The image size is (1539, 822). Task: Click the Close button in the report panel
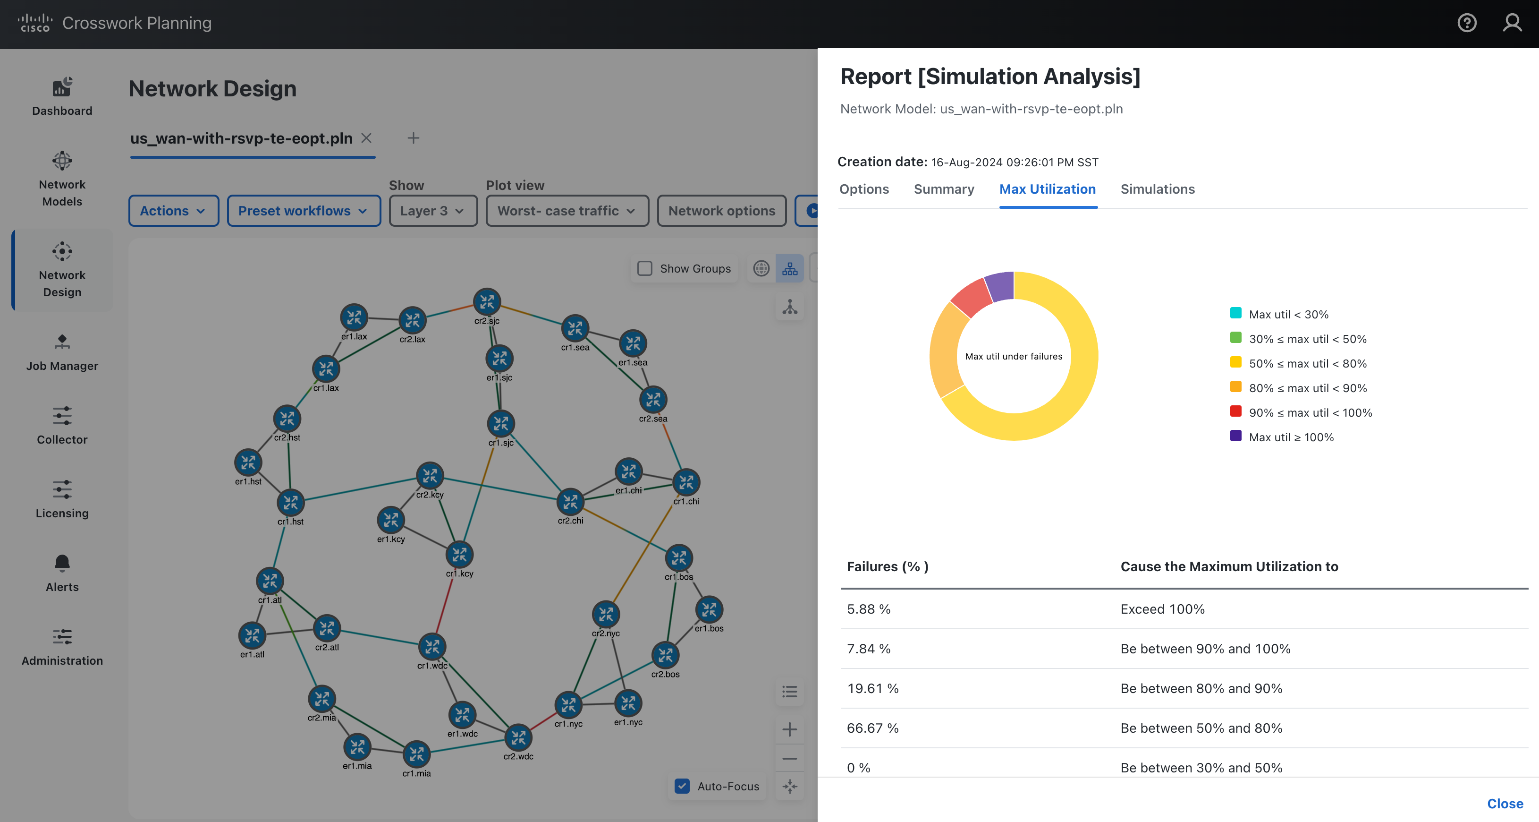[x=1505, y=804]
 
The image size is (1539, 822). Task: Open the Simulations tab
[x=1157, y=189]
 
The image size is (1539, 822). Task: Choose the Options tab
[x=864, y=189]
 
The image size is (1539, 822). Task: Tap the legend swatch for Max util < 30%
[x=1235, y=313]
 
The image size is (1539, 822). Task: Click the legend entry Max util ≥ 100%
[x=1291, y=437]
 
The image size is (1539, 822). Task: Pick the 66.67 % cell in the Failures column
[x=872, y=728]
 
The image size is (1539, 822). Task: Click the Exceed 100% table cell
[x=1162, y=609]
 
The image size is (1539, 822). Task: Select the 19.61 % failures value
[x=872, y=689]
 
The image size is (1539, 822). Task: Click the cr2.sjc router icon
[x=487, y=301]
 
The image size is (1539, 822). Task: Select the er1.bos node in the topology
[x=709, y=610]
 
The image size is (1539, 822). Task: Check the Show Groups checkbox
[x=645, y=268]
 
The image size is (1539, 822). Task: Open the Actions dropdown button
[x=173, y=211]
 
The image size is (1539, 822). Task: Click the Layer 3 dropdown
[x=432, y=211]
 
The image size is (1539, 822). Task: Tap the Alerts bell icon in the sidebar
[x=62, y=563]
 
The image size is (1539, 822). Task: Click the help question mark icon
[x=1467, y=23]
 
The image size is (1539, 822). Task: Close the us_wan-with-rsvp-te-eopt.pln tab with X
[x=366, y=138]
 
